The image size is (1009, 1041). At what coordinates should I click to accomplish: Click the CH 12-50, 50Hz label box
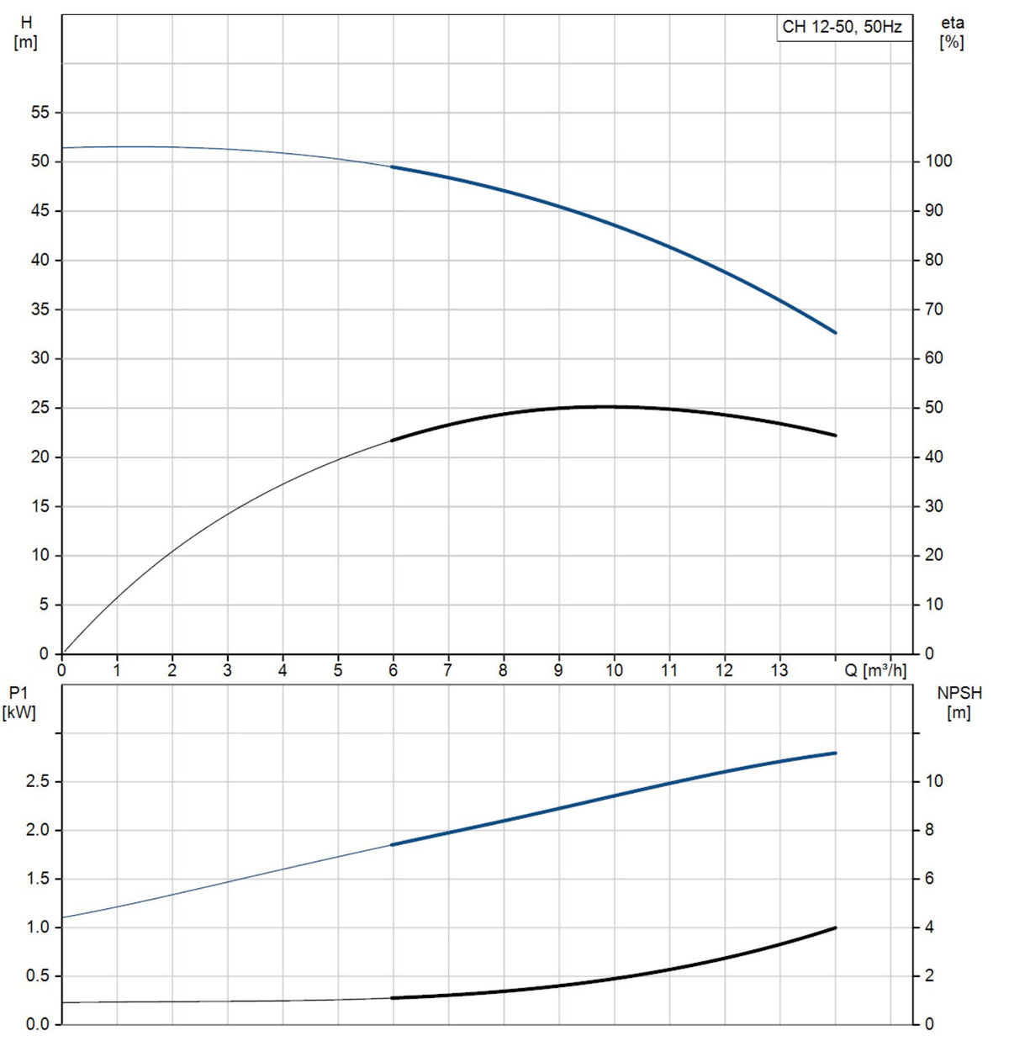[843, 27]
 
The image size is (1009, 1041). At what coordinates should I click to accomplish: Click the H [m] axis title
[25, 33]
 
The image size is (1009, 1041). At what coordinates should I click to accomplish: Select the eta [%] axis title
[952, 33]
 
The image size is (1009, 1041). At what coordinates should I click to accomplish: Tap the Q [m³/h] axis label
[875, 670]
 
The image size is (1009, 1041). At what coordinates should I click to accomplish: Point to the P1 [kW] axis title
[18, 704]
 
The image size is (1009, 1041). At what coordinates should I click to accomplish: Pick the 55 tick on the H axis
[40, 113]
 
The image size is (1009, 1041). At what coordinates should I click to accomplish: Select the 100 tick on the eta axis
[938, 161]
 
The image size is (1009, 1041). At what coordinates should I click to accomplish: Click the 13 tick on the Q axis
[779, 670]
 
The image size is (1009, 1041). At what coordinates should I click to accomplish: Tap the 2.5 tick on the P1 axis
[38, 781]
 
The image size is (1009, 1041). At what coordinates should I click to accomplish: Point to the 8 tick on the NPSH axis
[929, 830]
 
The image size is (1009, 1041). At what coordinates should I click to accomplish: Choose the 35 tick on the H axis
[40, 309]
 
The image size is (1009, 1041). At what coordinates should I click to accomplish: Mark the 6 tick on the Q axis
[393, 670]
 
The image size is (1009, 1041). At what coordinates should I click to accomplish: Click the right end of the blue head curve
[835, 333]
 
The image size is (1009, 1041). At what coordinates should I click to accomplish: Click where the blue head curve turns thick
[393, 166]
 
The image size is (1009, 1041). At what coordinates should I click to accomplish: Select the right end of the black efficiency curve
[835, 436]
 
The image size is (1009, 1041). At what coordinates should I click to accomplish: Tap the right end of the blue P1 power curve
[835, 753]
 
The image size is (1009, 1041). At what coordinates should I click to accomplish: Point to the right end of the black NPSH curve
[835, 927]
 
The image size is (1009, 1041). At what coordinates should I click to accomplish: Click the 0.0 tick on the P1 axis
[38, 1024]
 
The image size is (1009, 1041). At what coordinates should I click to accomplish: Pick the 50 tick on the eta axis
[933, 407]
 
